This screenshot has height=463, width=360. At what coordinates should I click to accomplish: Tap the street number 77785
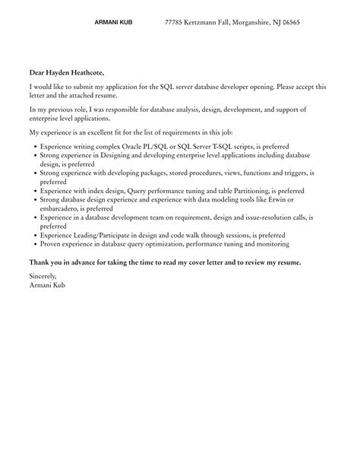click(x=175, y=23)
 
